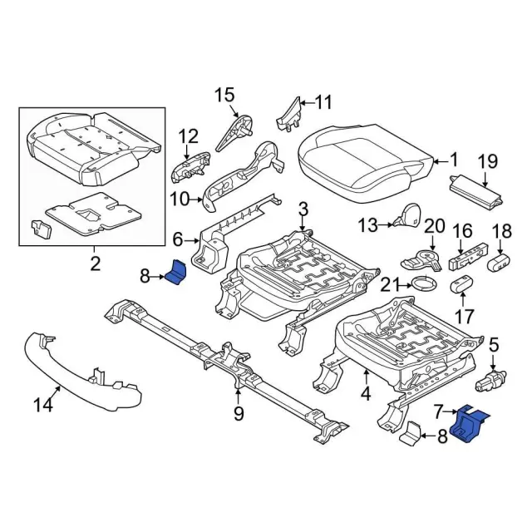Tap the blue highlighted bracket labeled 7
(467, 424)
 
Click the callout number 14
(42, 405)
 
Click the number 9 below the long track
(238, 412)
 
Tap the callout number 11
(323, 103)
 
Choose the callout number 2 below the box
(95, 264)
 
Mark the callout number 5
(493, 342)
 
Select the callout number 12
(188, 136)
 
